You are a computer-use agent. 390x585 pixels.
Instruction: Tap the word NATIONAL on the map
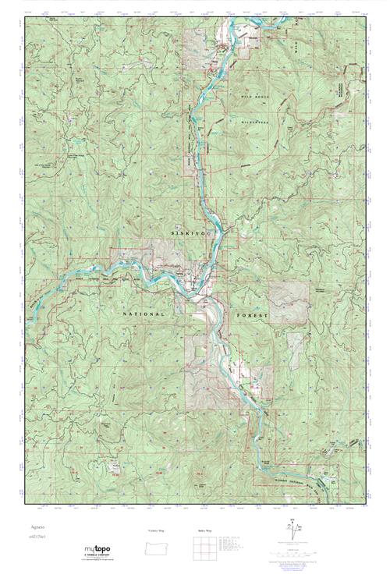tap(144, 314)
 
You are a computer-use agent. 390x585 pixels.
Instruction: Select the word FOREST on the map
tap(250, 315)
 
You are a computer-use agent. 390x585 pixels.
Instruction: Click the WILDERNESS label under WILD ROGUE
tap(254, 122)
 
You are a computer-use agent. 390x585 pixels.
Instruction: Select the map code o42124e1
tap(40, 537)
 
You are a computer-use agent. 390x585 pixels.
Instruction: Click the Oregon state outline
tap(157, 546)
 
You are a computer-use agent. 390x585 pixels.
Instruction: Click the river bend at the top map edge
tap(270, 23)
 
